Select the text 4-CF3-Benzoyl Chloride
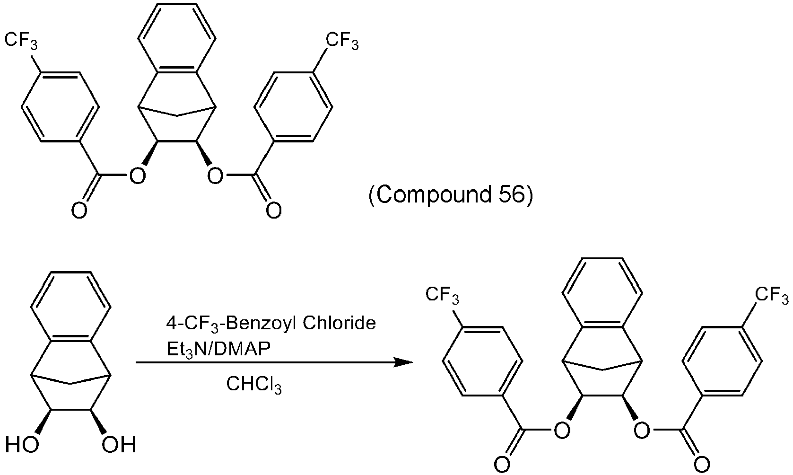(271, 324)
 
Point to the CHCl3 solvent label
(254, 385)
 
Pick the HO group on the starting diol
(22, 445)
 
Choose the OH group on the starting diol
(119, 445)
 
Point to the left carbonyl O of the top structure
(79, 211)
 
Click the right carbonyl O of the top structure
(274, 211)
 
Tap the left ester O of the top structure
(137, 176)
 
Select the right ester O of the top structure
(215, 176)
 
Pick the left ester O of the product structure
(562, 430)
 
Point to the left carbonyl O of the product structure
(502, 465)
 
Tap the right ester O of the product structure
(642, 430)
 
